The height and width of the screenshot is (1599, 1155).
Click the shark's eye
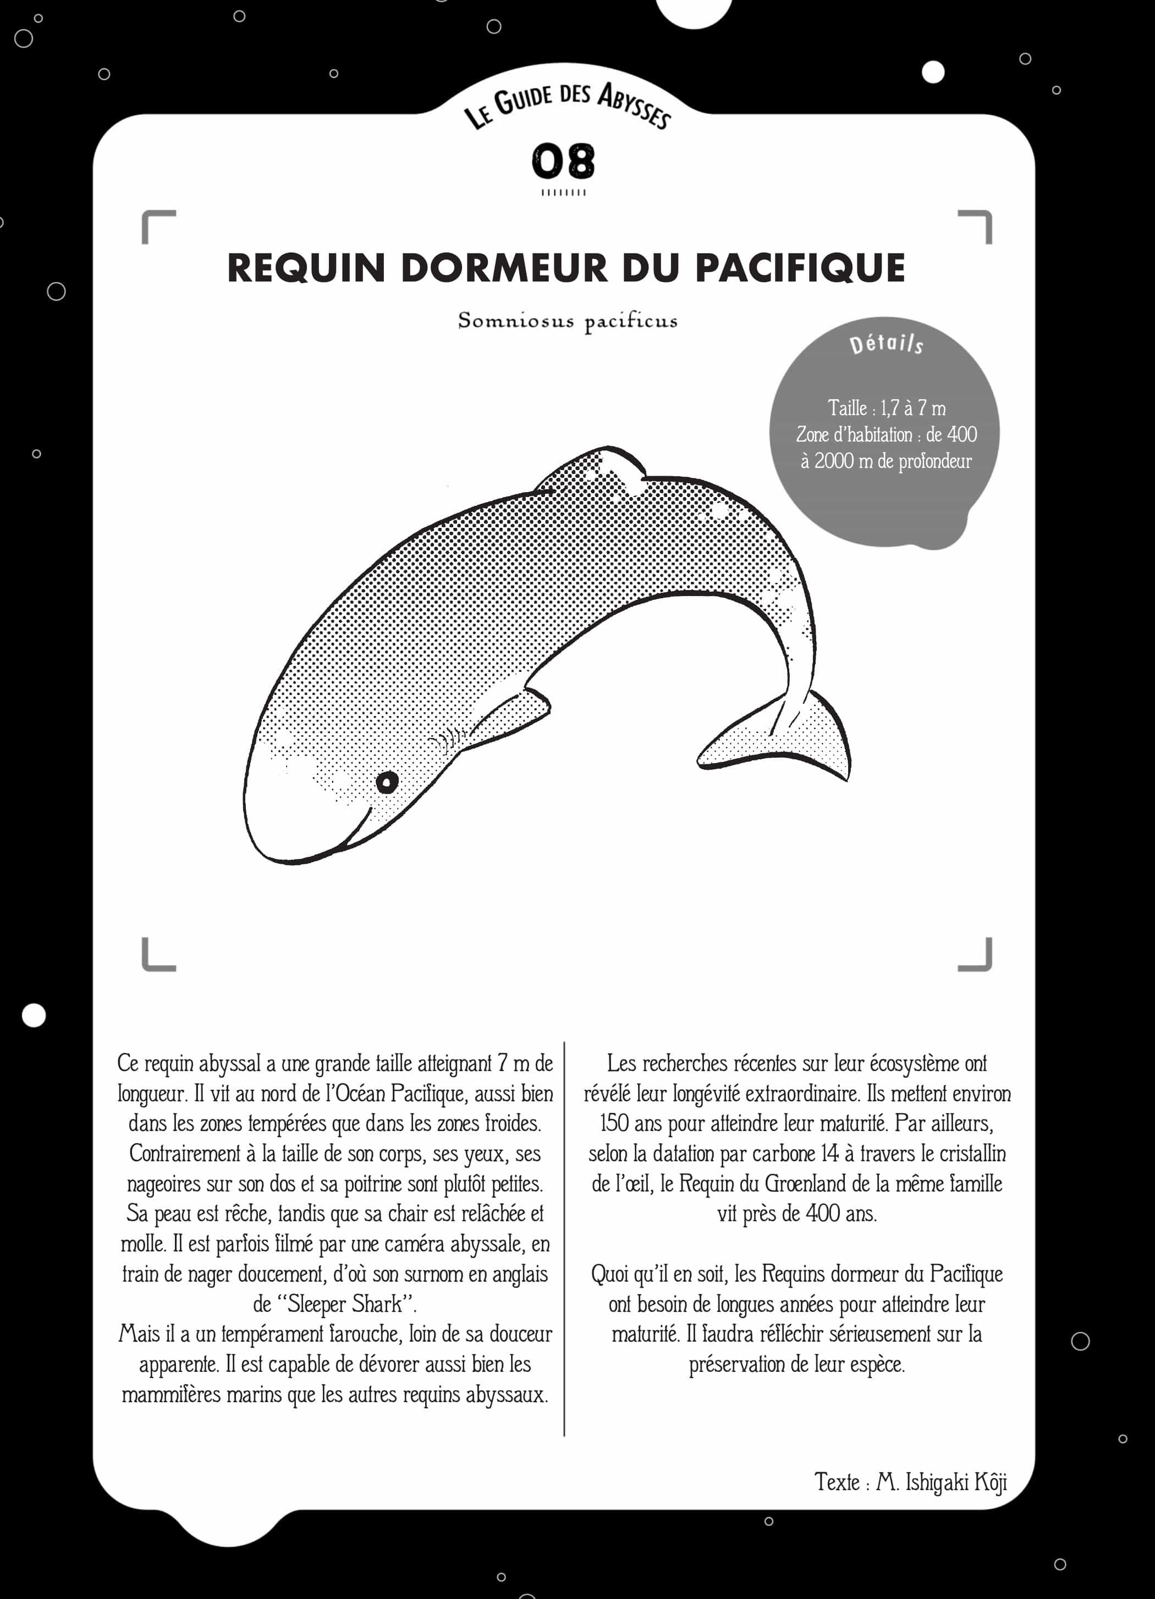(x=387, y=782)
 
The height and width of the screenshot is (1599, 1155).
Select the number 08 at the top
(x=563, y=162)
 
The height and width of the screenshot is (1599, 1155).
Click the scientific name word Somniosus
(x=515, y=321)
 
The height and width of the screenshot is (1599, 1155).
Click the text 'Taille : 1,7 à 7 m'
(x=887, y=408)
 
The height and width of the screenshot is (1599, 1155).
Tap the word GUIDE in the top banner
(x=522, y=100)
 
